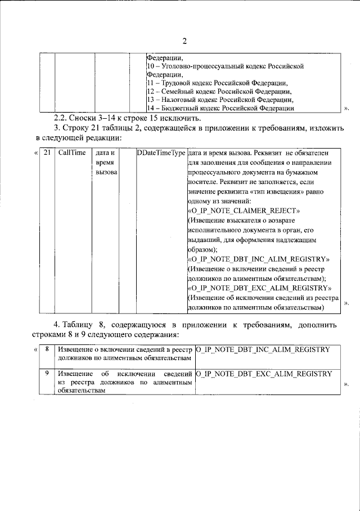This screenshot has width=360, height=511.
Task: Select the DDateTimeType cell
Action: point(161,153)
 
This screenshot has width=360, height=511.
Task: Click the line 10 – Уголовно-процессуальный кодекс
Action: point(225,66)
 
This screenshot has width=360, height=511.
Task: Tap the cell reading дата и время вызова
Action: point(105,162)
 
